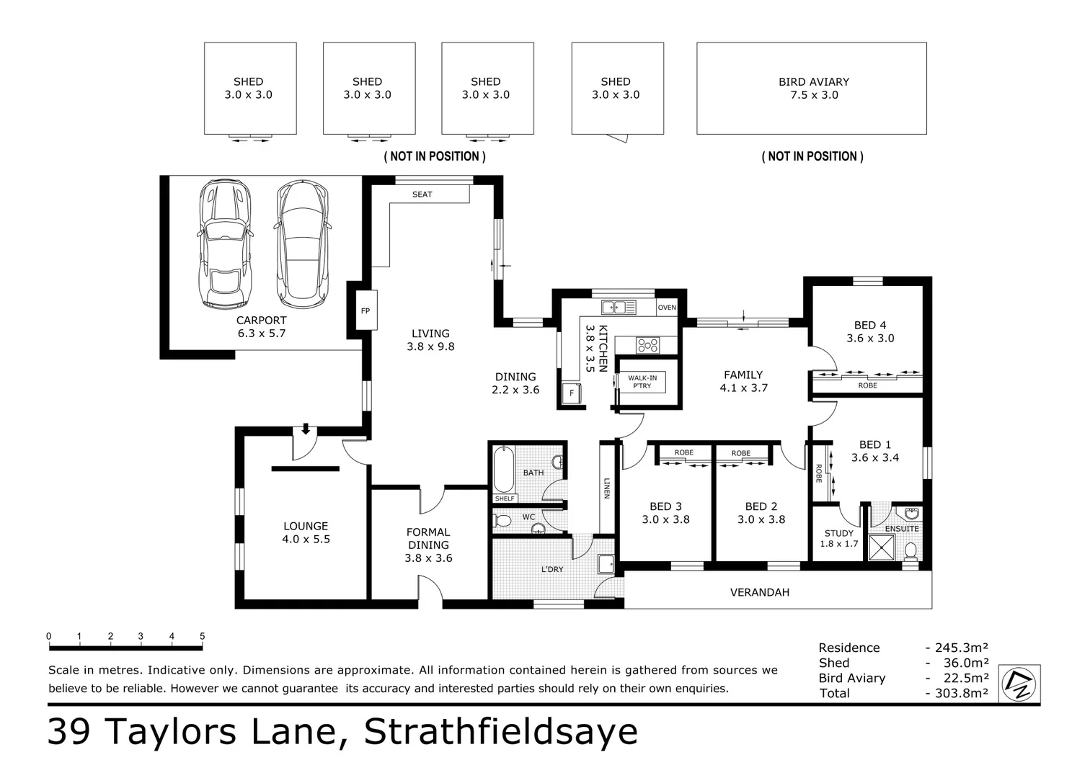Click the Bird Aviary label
813,82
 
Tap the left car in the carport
226,245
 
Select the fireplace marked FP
365,311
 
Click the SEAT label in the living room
422,194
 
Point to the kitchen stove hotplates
647,346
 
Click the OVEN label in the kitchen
667,308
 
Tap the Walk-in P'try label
642,382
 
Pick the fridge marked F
572,394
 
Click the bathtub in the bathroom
504,469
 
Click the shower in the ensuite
881,547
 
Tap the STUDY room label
838,534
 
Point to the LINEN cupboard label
607,488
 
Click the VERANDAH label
759,592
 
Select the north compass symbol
1020,684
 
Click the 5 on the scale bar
202,636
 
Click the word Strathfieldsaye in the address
500,732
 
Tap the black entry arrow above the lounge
306,429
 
